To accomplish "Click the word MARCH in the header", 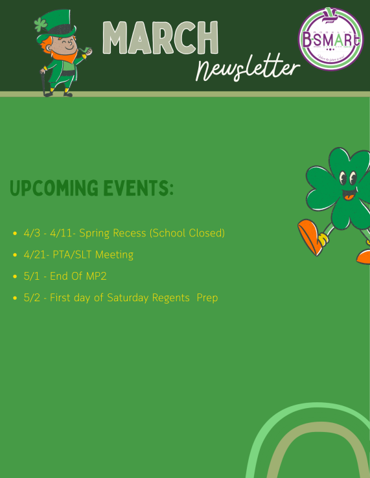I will click(x=160, y=38).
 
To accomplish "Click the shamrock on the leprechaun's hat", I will click(x=40, y=25).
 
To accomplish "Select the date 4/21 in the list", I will click(x=32, y=255).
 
